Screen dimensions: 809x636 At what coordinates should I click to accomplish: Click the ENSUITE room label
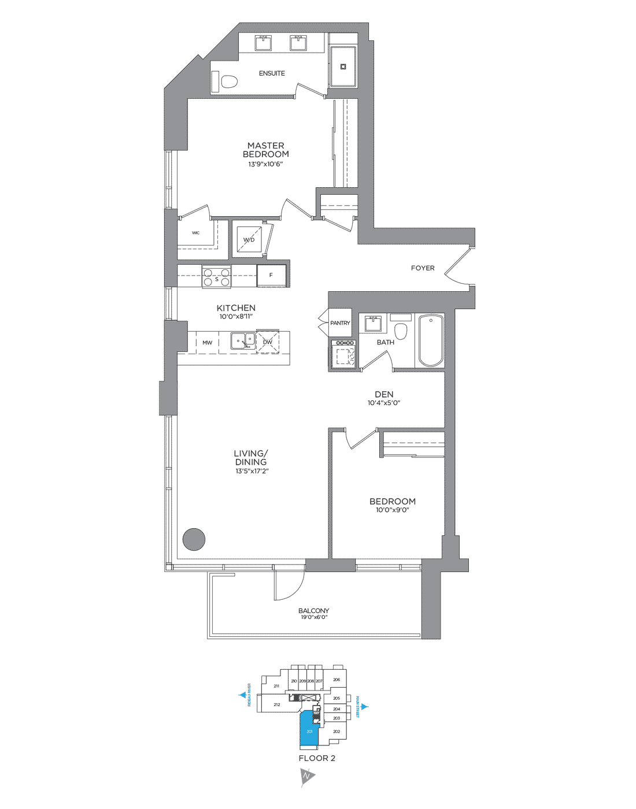point(272,73)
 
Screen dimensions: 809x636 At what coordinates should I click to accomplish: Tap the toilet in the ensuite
point(227,81)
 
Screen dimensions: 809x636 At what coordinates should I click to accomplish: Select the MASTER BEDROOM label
point(266,150)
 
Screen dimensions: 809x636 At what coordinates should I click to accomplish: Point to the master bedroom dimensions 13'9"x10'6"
point(265,164)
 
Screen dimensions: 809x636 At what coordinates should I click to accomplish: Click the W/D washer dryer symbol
point(249,239)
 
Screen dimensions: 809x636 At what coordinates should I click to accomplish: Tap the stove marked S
point(217,276)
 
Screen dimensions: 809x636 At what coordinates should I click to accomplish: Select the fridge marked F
point(271,275)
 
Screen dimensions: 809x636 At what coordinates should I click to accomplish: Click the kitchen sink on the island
point(243,341)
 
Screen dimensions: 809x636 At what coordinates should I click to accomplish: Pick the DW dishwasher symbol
point(268,342)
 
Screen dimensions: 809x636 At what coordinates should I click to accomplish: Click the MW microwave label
point(207,343)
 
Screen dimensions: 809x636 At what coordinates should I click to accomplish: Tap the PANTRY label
point(340,323)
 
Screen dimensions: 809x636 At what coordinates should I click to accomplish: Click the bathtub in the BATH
point(431,340)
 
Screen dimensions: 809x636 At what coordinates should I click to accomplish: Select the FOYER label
point(423,268)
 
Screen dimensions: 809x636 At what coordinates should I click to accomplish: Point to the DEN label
point(384,394)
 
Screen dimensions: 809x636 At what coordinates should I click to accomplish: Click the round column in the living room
point(194,539)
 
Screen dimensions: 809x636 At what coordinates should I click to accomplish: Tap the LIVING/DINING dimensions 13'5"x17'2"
point(252,471)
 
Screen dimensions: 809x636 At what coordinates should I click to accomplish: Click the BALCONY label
point(313,611)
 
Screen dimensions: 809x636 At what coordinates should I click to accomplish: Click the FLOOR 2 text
point(317,758)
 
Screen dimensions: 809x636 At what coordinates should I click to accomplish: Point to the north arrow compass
point(307,776)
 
